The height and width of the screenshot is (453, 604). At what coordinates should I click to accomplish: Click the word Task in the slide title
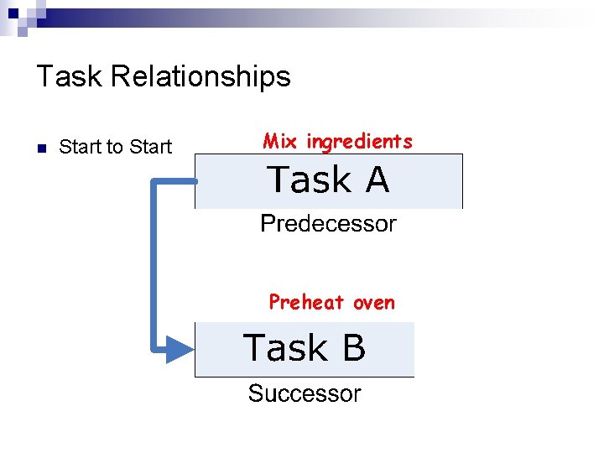point(70,77)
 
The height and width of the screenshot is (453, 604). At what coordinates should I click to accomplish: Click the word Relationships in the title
point(200,77)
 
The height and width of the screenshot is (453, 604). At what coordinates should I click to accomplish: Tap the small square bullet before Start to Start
point(40,148)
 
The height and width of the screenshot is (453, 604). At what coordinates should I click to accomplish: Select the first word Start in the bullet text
point(80,148)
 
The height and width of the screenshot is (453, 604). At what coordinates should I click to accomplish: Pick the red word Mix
point(281,141)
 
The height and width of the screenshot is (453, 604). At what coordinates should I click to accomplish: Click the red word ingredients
point(359,142)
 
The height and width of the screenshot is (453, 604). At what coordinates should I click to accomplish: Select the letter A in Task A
point(377,180)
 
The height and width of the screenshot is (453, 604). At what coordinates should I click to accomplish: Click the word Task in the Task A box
point(309,180)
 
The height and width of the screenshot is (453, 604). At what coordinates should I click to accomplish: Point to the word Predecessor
point(328,224)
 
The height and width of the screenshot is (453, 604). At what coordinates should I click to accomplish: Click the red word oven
point(374,303)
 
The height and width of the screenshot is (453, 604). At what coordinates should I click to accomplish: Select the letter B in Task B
point(353,348)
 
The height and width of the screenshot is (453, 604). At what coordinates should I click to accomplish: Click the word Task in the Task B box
point(284,348)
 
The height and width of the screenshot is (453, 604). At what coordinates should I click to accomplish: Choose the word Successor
point(305,393)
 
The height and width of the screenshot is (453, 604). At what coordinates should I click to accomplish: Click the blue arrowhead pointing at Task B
point(179,348)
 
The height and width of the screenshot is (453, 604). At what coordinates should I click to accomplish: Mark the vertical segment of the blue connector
point(154,264)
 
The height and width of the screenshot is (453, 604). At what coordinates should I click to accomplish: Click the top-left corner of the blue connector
point(154,181)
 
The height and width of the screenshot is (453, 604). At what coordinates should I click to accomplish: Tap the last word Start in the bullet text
point(149,148)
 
